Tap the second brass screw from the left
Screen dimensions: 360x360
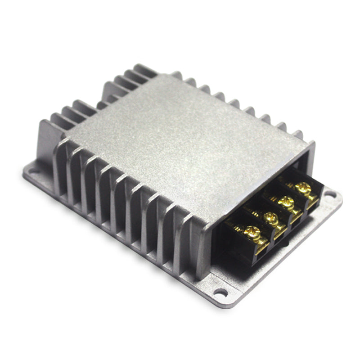pos(271,218)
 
